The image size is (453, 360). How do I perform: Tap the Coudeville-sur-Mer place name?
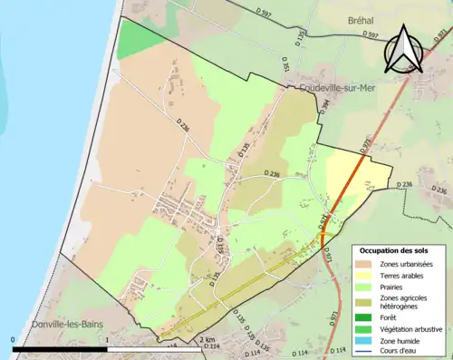point(330,89)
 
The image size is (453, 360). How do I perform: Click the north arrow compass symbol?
point(404,49)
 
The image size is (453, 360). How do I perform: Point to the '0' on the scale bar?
point(14,340)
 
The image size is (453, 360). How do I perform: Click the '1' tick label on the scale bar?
point(108,340)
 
